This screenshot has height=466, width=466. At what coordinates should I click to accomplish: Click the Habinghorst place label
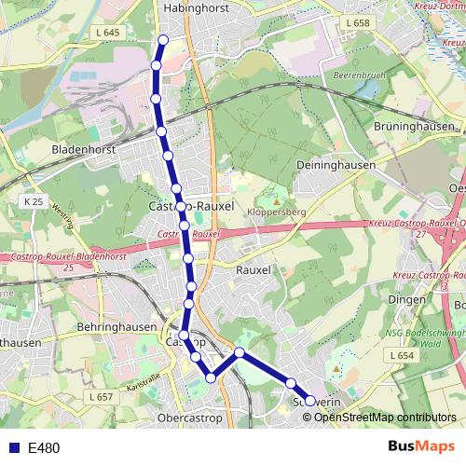coord(196,7)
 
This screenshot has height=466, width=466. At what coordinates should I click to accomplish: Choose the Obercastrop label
coord(190,419)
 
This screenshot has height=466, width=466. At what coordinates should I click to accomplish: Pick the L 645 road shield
coord(109,33)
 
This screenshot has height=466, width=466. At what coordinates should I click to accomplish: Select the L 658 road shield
coord(356,21)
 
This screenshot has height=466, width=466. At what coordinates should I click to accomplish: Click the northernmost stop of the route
coord(163,39)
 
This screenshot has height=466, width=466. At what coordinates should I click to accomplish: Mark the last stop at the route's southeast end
coord(310,402)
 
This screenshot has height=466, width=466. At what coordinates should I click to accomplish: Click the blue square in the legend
coord(12,448)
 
